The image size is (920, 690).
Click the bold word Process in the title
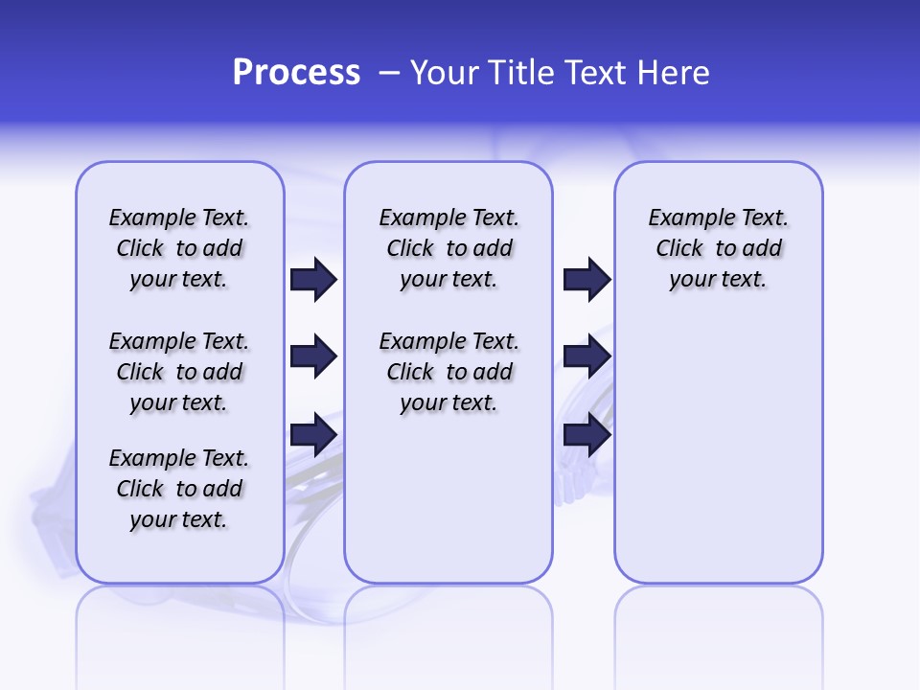pos(296,73)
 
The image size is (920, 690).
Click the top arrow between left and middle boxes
pos(313,279)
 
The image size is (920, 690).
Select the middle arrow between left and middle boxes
pos(313,356)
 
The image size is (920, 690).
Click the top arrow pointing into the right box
pos(586,279)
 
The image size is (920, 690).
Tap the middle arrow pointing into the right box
pos(586,356)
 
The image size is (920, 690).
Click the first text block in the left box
pos(179,248)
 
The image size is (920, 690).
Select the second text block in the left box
pos(179,372)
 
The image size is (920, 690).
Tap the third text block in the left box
pos(179,489)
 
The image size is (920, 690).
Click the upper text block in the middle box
pos(448,248)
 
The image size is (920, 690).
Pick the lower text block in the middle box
pos(448,372)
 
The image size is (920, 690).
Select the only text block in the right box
pos(719,248)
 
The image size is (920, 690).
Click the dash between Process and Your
pos(389,73)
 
